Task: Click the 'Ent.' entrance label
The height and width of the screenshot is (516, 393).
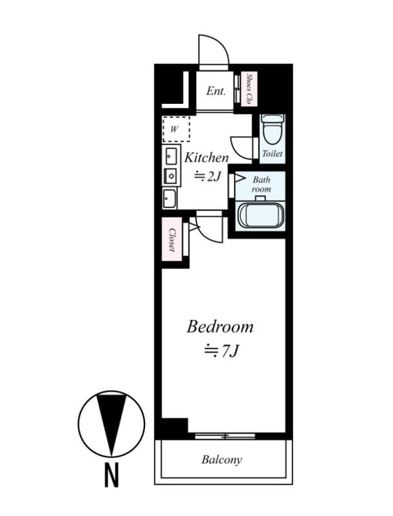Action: tap(216, 91)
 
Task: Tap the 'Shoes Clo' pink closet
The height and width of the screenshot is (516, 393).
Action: tap(249, 90)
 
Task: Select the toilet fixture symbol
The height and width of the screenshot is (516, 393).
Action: tap(273, 130)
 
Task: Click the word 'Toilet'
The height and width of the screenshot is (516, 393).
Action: tap(272, 155)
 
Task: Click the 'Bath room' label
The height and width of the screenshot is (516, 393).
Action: tap(261, 184)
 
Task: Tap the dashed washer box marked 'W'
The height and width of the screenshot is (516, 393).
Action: tap(176, 128)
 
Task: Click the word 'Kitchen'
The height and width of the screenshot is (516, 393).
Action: tap(206, 157)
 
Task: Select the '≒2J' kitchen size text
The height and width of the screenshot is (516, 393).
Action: tap(208, 175)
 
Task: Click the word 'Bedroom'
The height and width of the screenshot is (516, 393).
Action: tap(220, 326)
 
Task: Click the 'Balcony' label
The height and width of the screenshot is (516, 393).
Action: tap(222, 460)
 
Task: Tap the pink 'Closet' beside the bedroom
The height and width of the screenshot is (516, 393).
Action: tap(173, 241)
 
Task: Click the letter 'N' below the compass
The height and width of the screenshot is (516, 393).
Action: tap(111, 478)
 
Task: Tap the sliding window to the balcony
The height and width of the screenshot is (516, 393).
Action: tap(225, 436)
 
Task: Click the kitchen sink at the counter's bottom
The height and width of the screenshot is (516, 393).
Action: tap(169, 198)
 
